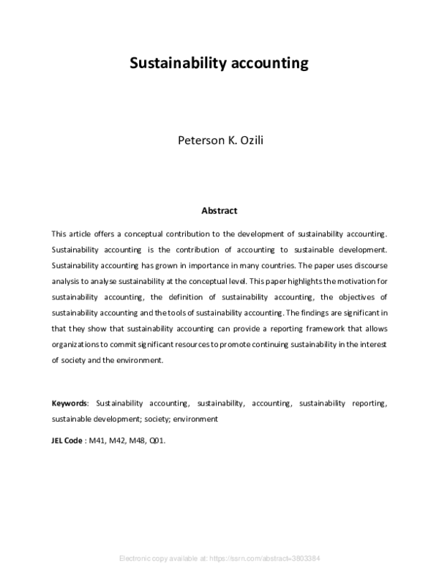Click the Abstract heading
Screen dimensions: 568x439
tap(219, 211)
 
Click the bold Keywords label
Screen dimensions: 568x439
tap(70, 403)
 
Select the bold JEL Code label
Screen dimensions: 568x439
tap(67, 441)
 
